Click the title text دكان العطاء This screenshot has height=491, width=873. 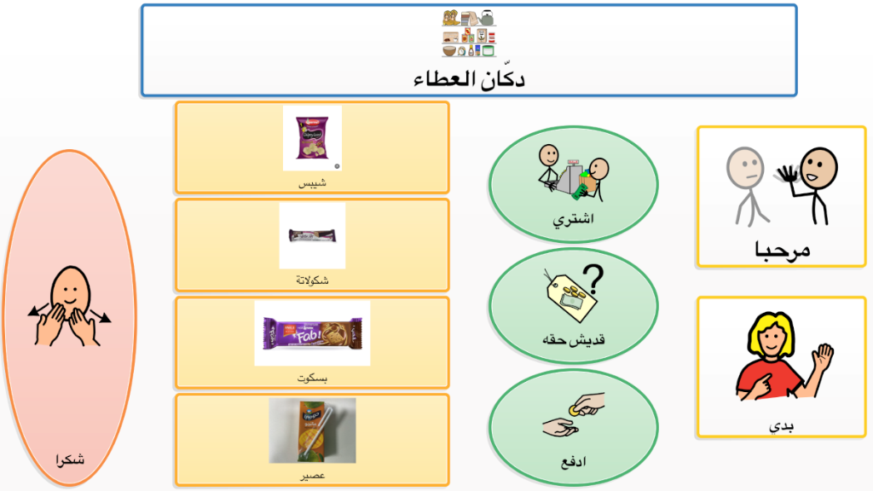click(x=469, y=78)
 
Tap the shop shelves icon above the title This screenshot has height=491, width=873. click(x=469, y=33)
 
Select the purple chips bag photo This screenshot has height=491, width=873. click(x=312, y=137)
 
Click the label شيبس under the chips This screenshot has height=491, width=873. click(x=312, y=183)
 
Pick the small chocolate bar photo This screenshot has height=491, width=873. click(x=312, y=235)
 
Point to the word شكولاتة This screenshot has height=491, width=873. click(x=312, y=280)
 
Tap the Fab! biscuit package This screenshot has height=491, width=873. click(x=312, y=333)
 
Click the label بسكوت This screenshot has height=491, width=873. click(x=312, y=378)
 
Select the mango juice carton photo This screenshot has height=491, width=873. click(x=312, y=430)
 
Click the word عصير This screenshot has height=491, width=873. click(x=312, y=476)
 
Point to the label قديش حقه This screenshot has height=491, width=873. click(x=574, y=339)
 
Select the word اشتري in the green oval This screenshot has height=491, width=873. click(x=573, y=219)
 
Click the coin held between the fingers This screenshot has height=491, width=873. click(x=574, y=411)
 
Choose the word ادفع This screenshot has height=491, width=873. click(x=574, y=462)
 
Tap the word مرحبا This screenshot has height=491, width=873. click(x=782, y=250)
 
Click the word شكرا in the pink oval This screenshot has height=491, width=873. click(x=70, y=459)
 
